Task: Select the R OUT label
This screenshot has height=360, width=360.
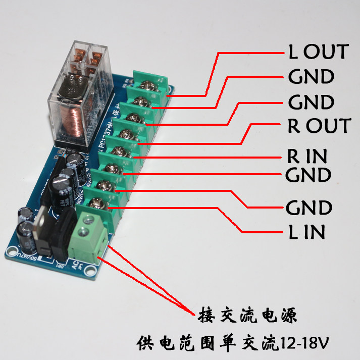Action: click(319, 126)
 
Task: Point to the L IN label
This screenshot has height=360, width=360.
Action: click(306, 232)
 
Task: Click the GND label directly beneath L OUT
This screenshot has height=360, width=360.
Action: click(311, 77)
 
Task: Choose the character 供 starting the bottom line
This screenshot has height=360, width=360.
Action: click(145, 344)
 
